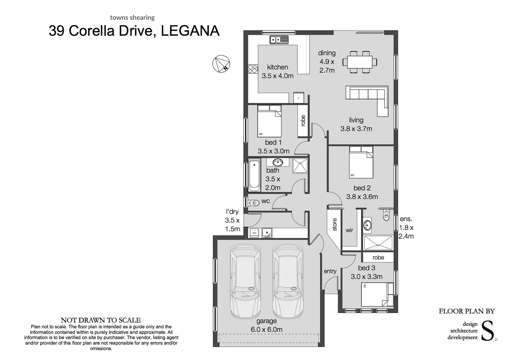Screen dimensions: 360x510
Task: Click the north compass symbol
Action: pyautogui.click(x=221, y=63)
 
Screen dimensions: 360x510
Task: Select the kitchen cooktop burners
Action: pyautogui.click(x=252, y=69)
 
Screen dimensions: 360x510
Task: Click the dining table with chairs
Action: pyautogui.click(x=360, y=62)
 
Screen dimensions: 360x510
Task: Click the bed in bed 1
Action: pyautogui.click(x=270, y=121)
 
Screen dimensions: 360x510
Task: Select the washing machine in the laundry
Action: pyautogui.click(x=254, y=233)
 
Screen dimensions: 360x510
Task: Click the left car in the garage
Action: pyautogui.click(x=245, y=282)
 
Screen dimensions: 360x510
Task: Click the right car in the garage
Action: pyautogui.click(x=288, y=282)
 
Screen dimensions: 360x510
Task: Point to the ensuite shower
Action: pyautogui.click(x=378, y=243)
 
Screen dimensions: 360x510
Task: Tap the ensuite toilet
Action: pyautogui.click(x=386, y=215)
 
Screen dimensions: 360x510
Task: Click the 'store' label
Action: pyautogui.click(x=335, y=225)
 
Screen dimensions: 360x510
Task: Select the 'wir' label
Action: pyautogui.click(x=349, y=230)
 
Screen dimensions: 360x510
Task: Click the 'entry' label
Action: pyautogui.click(x=330, y=271)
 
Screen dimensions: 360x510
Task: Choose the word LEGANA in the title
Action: pyautogui.click(x=190, y=31)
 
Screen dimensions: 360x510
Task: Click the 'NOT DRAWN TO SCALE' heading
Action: pyautogui.click(x=101, y=320)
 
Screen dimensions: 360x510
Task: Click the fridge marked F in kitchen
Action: pyautogui.click(x=299, y=98)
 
